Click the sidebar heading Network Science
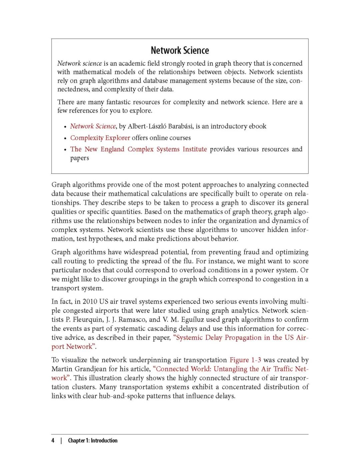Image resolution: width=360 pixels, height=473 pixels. [x=180, y=50]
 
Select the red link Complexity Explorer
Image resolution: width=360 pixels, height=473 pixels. [x=100, y=138]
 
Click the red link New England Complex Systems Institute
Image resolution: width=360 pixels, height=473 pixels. [x=138, y=149]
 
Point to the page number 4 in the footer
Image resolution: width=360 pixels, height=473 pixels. [x=53, y=440]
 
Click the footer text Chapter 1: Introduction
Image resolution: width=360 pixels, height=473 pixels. [x=93, y=440]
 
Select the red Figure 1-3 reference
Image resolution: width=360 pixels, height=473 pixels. [x=245, y=360]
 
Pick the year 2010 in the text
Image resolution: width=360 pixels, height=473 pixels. [x=90, y=302]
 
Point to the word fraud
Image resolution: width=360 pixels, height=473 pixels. [x=251, y=252]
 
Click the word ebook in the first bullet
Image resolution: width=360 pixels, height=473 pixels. [x=257, y=126]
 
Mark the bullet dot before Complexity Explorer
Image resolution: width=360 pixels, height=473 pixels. [x=65, y=138]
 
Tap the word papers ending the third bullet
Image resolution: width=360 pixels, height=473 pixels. [x=79, y=158]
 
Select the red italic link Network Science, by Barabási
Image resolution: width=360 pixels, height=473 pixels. [x=93, y=126]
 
